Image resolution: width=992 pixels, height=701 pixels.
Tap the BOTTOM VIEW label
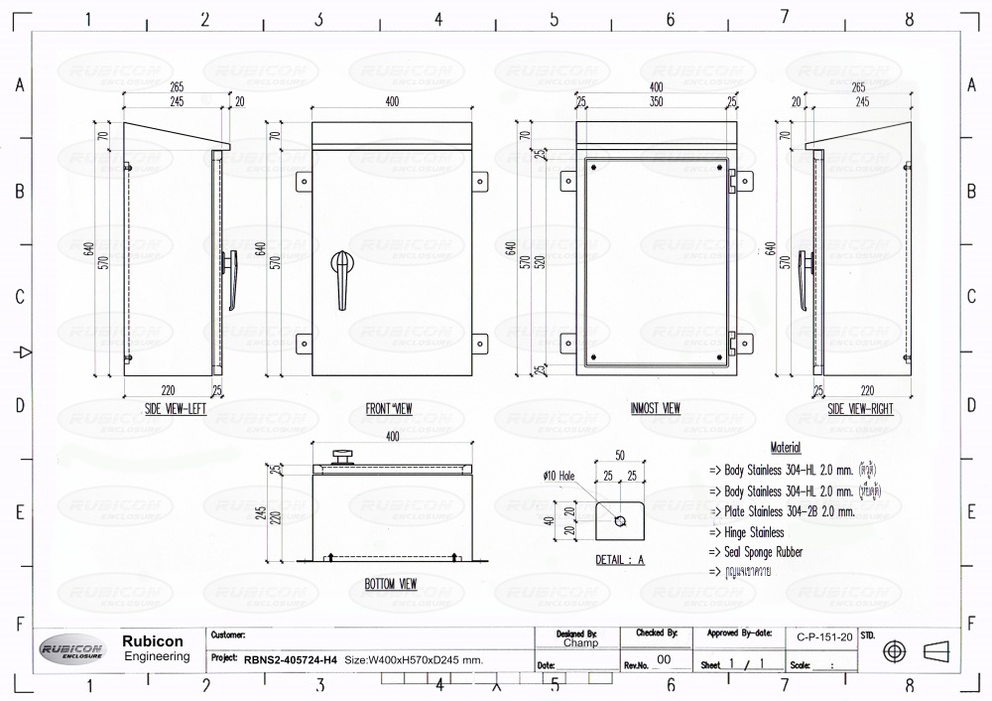point(389,585)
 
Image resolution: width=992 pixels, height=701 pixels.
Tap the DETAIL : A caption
point(619,560)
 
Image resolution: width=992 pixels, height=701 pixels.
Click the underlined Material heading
point(785,449)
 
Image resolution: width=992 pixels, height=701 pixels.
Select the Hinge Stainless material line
point(747,532)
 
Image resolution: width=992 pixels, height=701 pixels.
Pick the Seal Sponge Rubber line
point(756,552)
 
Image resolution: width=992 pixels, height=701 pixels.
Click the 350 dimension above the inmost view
point(656,101)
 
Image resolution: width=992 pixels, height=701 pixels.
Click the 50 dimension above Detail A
point(619,454)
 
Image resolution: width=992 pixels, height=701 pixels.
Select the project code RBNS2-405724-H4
point(290,659)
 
